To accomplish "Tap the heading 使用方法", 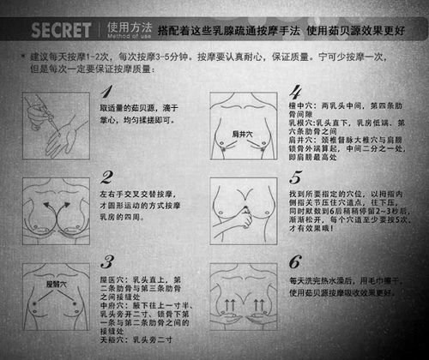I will click(128, 24).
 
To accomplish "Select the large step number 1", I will click(106, 92).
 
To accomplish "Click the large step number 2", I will click(106, 177).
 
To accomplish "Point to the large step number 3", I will click(106, 262).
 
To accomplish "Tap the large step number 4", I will click(295, 92).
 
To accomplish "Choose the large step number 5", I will click(295, 177).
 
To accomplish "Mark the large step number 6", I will click(295, 262).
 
